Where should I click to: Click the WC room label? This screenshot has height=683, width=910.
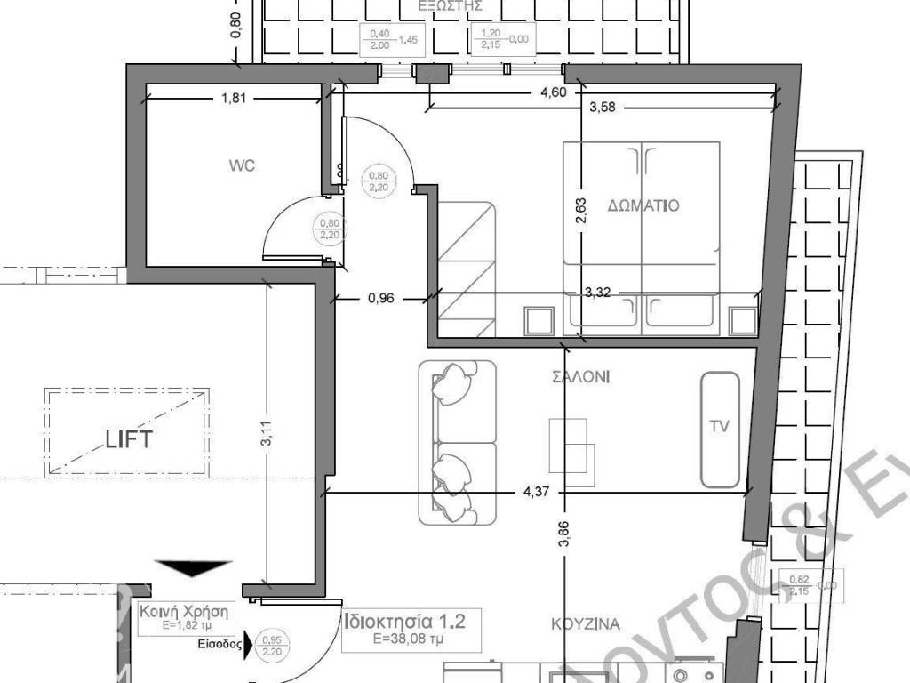click(242, 165)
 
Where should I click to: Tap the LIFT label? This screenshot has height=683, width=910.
click(130, 438)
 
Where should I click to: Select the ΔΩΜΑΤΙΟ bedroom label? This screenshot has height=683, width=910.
click(643, 205)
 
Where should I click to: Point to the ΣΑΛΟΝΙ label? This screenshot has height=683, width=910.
click(580, 377)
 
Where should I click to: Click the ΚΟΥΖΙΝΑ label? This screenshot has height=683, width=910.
click(584, 623)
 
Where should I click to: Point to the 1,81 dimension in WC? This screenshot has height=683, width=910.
click(233, 99)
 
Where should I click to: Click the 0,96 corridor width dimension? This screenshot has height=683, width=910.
click(380, 299)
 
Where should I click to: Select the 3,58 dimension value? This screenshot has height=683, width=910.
click(603, 108)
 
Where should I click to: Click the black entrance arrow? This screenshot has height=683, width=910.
click(194, 569)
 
